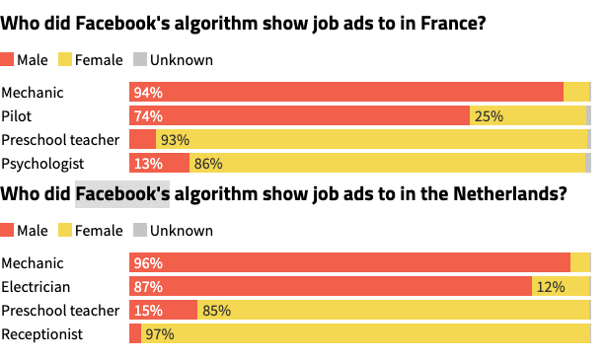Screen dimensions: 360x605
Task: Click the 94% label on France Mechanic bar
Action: click(148, 93)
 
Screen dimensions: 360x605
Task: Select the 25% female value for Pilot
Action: click(489, 116)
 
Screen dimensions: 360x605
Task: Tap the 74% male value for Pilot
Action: click(148, 116)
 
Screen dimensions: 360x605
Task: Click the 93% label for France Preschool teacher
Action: click(175, 140)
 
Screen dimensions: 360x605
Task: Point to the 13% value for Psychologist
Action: click(148, 164)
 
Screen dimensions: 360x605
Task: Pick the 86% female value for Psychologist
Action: click(207, 164)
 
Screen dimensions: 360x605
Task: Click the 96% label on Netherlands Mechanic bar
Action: click(148, 263)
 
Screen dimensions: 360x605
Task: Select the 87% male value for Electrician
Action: click(148, 287)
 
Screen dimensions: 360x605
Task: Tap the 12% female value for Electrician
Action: click(550, 287)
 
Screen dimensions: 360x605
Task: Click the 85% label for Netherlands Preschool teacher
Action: click(216, 311)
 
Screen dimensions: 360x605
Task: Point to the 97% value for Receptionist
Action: click(160, 334)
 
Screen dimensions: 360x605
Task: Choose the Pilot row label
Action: click(18, 116)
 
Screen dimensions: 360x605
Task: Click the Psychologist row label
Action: click(42, 164)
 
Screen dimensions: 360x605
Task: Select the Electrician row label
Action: click(37, 287)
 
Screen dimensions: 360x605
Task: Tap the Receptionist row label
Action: click(42, 334)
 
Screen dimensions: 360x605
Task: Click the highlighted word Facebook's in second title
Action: click(122, 194)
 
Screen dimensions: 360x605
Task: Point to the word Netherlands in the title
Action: click(493, 194)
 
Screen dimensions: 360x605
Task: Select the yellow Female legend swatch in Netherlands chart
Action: click(66, 231)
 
